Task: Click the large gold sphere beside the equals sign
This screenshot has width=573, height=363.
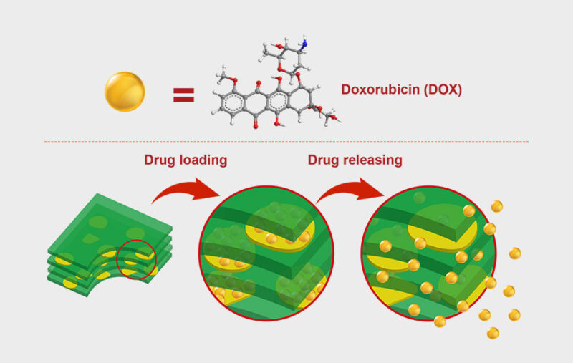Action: point(125,92)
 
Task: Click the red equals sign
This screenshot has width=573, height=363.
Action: point(184,95)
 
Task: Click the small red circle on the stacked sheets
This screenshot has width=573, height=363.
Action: point(136,259)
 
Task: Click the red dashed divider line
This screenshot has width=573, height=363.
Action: point(286,142)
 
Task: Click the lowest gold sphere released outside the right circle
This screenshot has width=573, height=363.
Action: point(493,333)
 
